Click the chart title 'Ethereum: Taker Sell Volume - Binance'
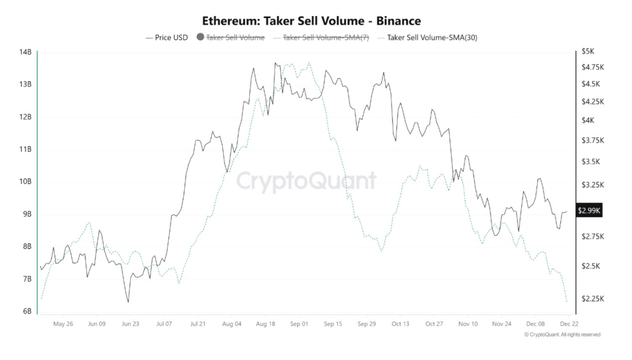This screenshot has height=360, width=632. click(311, 21)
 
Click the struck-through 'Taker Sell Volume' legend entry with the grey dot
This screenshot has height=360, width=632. click(235, 38)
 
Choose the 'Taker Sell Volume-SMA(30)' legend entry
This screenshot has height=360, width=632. click(432, 38)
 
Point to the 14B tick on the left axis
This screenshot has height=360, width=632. click(25, 52)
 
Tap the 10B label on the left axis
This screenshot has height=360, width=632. click(25, 181)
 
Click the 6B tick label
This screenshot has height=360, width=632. click(27, 311)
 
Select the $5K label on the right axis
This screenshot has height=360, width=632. click(588, 52)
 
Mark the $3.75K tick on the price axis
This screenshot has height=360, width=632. click(593, 140)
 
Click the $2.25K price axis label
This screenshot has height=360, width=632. click(593, 299)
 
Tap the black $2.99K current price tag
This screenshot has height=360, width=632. click(589, 210)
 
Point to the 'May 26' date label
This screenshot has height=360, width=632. click(63, 324)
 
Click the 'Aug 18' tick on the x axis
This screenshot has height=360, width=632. click(265, 324)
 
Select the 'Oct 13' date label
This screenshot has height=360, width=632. click(400, 324)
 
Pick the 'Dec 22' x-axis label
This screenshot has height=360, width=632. click(569, 324)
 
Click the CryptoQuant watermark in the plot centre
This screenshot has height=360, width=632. click(306, 181)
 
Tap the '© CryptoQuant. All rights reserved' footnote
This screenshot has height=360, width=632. click(562, 334)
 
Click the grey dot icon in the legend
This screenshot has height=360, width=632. click(200, 37)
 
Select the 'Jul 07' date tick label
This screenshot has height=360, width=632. click(164, 324)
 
